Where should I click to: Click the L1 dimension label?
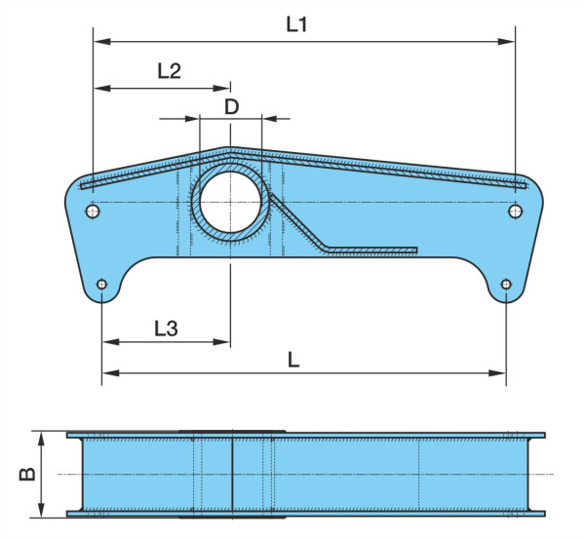(x=296, y=24)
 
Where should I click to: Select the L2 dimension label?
(x=169, y=70)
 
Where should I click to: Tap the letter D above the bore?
(x=231, y=107)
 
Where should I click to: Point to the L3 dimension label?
(x=166, y=328)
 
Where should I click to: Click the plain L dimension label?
(x=293, y=360)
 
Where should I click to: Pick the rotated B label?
(x=27, y=474)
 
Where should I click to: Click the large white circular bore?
(x=230, y=202)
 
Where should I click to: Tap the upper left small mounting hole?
(x=93, y=212)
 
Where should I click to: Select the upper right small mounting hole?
(x=515, y=212)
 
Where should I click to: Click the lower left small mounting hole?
(x=101, y=285)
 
